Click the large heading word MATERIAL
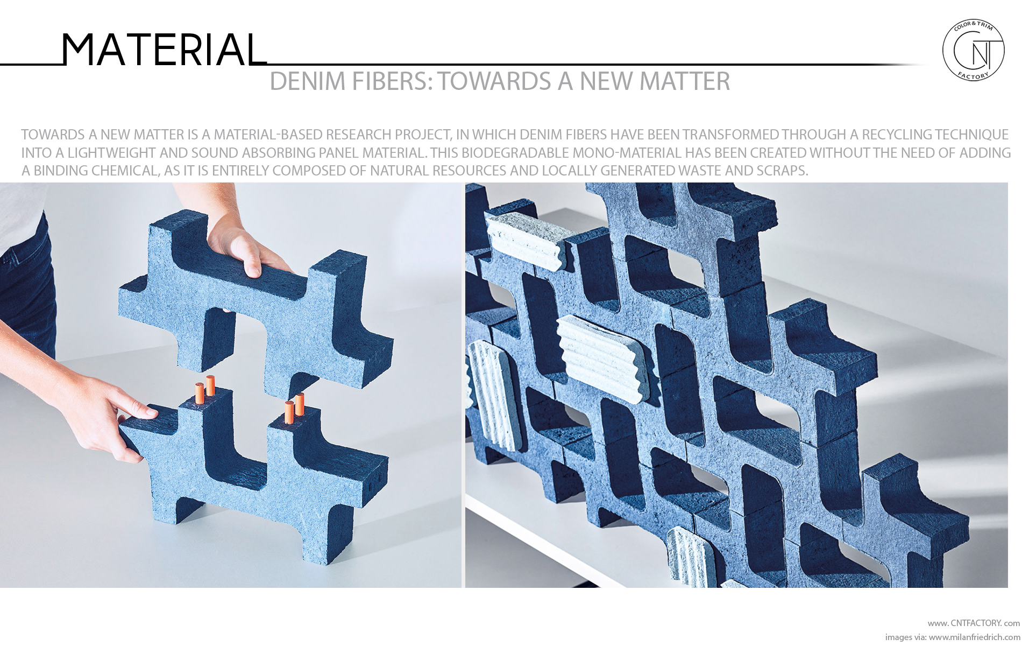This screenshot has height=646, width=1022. click(x=163, y=50)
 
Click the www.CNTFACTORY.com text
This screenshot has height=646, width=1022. click(x=973, y=623)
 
